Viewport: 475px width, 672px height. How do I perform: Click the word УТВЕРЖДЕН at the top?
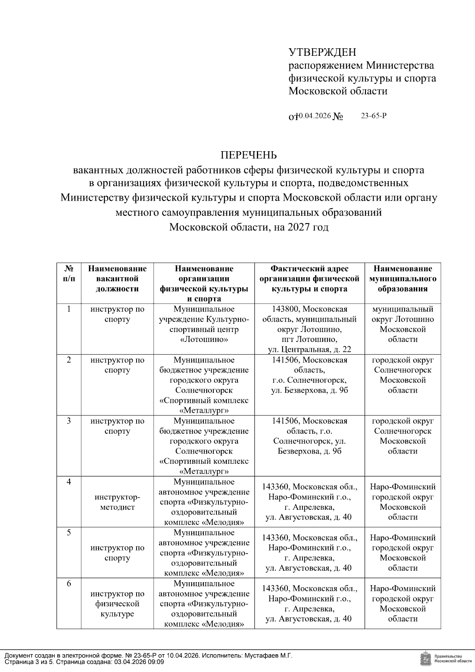322,52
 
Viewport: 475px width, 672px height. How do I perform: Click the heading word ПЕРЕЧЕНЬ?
249,155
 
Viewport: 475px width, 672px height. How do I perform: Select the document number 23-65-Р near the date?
373,116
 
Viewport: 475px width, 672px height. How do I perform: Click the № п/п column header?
68,273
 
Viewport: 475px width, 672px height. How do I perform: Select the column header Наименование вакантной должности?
117,279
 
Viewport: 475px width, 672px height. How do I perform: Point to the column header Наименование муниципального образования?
403,279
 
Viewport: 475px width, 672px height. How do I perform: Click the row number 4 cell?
68,482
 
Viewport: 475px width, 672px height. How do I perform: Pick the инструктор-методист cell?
117,502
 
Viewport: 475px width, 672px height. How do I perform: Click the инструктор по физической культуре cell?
117,604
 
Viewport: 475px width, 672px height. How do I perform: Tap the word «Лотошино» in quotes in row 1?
204,339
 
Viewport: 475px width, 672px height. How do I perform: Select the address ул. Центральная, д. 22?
310,349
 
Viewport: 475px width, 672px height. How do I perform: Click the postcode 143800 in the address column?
285,309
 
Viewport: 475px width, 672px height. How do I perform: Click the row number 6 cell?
68,584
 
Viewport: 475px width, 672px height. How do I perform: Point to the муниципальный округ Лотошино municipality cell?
403,324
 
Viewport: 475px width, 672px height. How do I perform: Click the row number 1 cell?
68,309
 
